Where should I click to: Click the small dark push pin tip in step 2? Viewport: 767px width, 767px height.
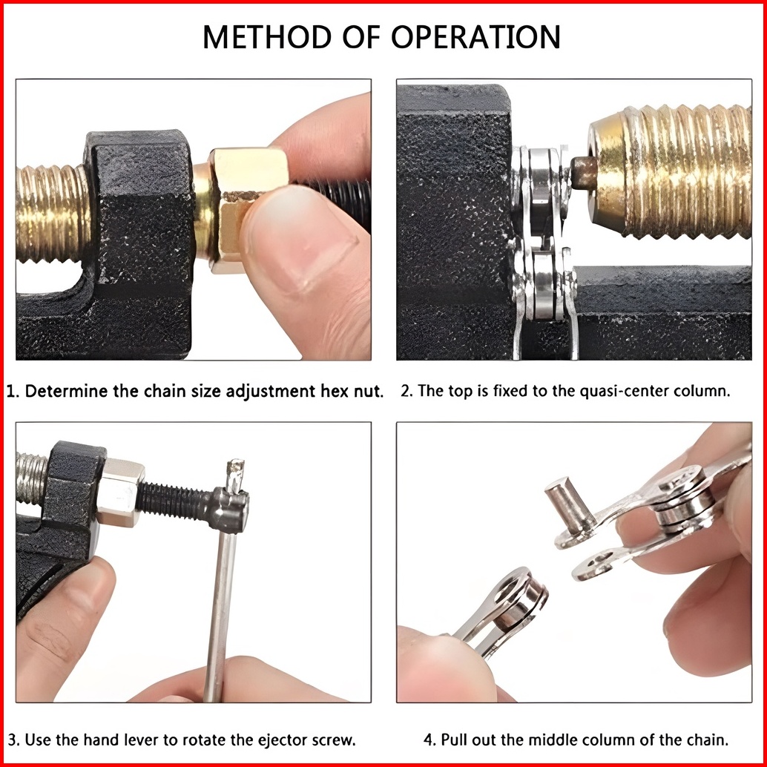pyautogui.click(x=584, y=173)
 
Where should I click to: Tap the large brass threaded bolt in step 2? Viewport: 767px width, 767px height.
pyautogui.click(x=670, y=171)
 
